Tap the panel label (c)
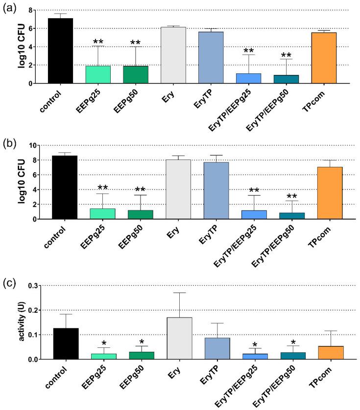pos(9,279)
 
